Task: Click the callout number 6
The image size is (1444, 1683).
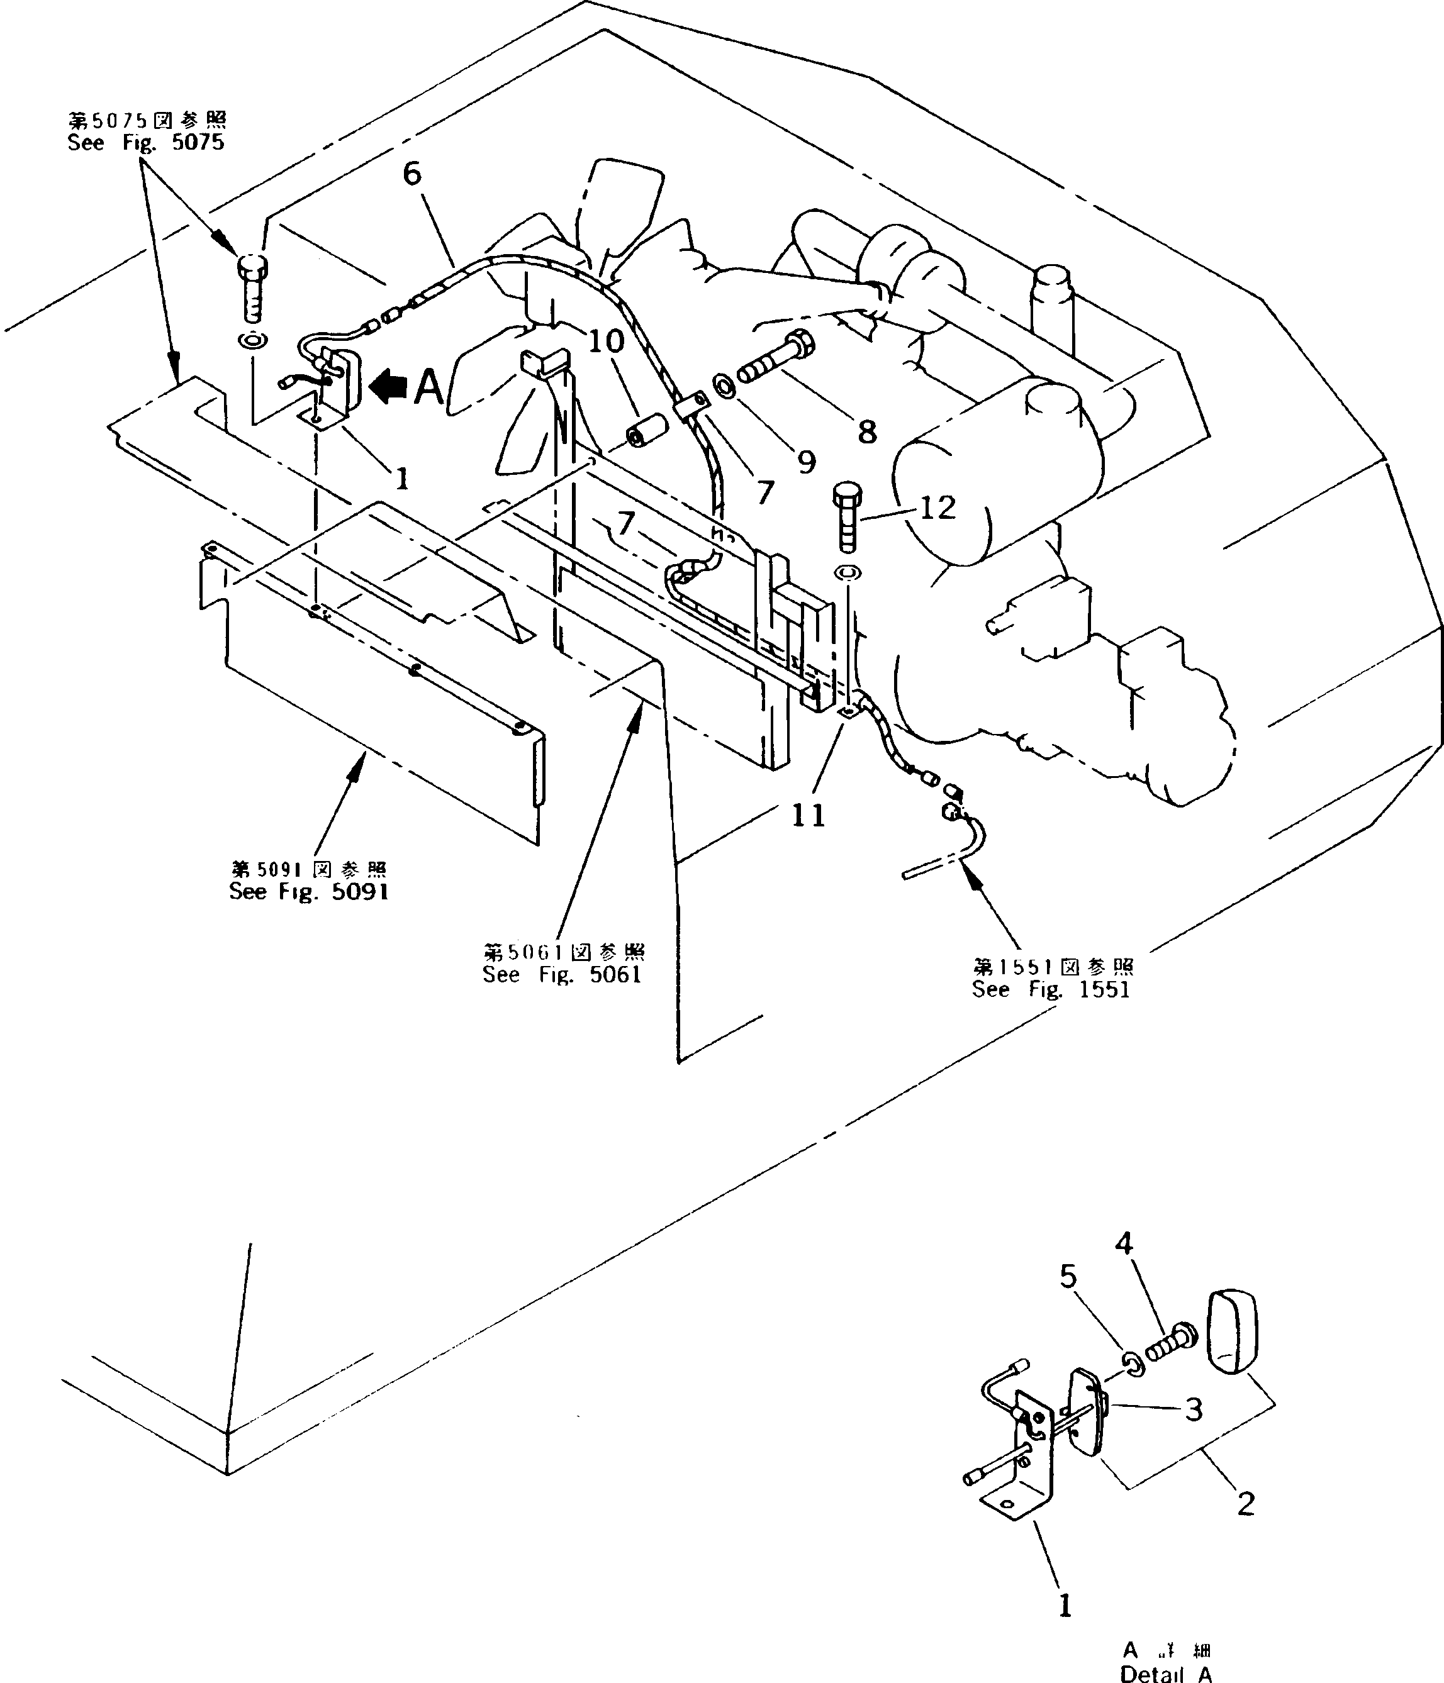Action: coord(413,173)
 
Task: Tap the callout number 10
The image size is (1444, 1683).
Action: coord(605,341)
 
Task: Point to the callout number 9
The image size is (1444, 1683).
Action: coord(805,462)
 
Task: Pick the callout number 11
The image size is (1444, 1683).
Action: coord(808,814)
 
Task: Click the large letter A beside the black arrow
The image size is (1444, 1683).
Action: coord(429,388)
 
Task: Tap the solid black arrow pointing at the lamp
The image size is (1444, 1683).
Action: coord(388,387)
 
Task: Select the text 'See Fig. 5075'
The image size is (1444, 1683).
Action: coord(145,143)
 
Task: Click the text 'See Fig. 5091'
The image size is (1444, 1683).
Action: coord(309,892)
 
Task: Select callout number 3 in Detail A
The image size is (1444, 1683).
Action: coord(1193,1410)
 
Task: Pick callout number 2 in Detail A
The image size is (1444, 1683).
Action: coord(1246,1504)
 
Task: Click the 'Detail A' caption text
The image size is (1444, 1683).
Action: coord(1166,1674)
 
